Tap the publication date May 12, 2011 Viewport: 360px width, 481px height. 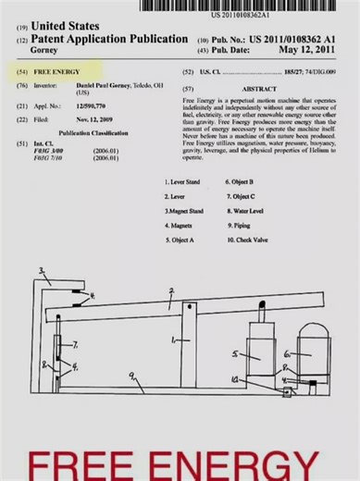[x=307, y=50]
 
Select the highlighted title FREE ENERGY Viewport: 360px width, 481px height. [x=57, y=71]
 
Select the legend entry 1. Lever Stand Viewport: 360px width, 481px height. [x=181, y=183]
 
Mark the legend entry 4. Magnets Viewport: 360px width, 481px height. [x=179, y=225]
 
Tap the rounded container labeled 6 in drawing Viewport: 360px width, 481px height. [x=302, y=350]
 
